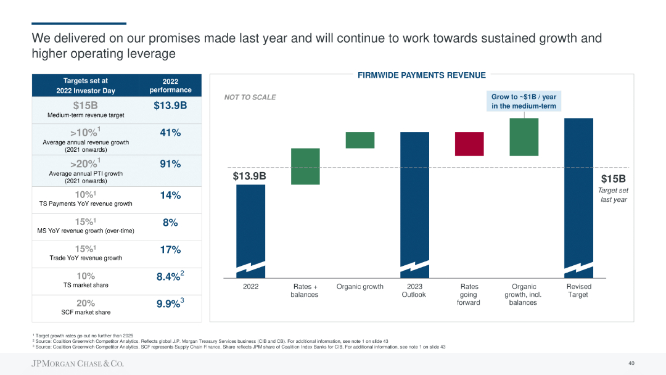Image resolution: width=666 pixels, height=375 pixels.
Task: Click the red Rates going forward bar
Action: tap(469, 144)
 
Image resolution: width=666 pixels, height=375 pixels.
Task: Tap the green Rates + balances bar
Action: tap(305, 166)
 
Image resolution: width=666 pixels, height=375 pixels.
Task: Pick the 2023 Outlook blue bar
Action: tap(415, 204)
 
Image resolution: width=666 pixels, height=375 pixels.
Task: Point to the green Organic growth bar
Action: tap(360, 140)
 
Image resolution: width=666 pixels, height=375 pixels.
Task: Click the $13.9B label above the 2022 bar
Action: tap(249, 176)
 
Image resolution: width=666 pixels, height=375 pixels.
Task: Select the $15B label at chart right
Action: tap(613, 179)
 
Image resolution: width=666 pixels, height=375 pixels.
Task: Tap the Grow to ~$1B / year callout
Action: tap(524, 102)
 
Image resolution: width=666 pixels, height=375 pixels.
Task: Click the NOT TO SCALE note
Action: tap(250, 97)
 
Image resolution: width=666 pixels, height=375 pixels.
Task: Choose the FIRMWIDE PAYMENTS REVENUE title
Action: tap(422, 75)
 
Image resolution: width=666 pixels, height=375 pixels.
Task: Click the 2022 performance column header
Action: tap(170, 86)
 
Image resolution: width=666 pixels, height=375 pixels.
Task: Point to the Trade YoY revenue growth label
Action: tap(86, 258)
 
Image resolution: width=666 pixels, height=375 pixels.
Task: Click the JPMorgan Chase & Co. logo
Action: tap(78, 364)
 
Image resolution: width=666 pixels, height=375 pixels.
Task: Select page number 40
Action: tap(631, 363)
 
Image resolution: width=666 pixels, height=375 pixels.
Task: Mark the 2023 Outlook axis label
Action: tap(414, 291)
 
